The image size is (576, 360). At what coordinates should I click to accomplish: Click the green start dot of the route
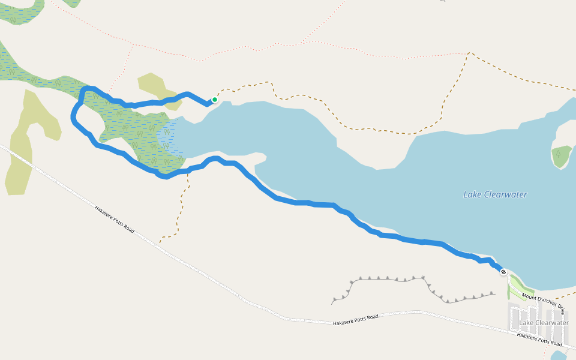pyautogui.click(x=214, y=100)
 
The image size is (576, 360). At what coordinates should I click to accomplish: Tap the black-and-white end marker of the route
pyautogui.click(x=503, y=272)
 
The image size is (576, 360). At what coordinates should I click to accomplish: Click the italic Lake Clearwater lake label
pyautogui.click(x=495, y=194)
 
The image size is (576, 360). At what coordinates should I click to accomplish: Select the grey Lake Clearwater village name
pyautogui.click(x=544, y=323)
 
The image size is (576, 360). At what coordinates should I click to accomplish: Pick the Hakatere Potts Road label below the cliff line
pyautogui.click(x=356, y=320)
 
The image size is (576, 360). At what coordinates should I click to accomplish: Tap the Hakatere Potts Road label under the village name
pyautogui.click(x=539, y=339)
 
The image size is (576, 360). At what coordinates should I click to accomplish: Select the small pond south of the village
pyautogui.click(x=558, y=355)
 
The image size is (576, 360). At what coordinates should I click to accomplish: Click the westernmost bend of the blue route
pyautogui.click(x=73, y=118)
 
